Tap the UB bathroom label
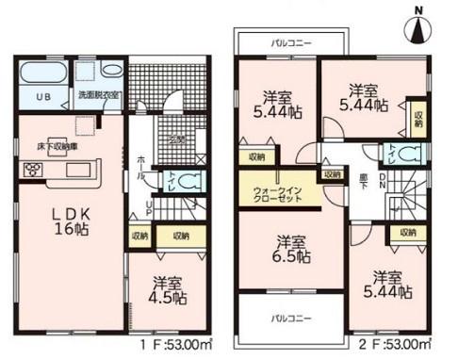tap(42, 97)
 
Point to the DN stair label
tap(381, 178)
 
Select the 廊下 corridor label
tap(364, 175)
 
